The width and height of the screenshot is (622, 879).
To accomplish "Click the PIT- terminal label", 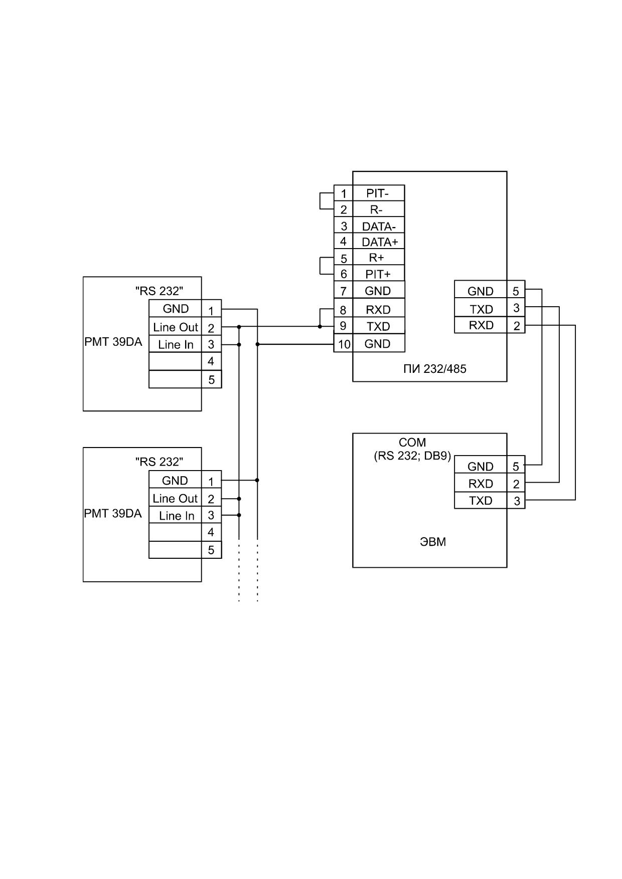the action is click(x=377, y=193).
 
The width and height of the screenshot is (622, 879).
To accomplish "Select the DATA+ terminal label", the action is click(x=380, y=242).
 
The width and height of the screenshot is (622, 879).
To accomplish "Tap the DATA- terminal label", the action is click(x=379, y=227).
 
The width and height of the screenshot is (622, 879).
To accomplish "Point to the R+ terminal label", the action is click(x=376, y=258).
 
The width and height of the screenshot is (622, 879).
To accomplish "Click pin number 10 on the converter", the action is click(x=344, y=344).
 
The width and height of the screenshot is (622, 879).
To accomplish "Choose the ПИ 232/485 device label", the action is click(x=435, y=369).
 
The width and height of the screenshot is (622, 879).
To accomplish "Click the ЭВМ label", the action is click(x=432, y=542).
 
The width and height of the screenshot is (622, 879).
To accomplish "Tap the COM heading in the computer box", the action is click(x=412, y=443).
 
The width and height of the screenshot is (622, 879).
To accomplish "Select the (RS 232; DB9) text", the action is click(x=412, y=457).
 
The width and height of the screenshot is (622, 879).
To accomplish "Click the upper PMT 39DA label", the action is click(x=113, y=343).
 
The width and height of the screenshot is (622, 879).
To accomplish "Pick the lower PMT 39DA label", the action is click(x=113, y=514).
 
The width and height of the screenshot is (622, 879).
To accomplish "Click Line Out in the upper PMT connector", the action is click(x=176, y=327).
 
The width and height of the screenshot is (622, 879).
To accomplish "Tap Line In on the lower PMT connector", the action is click(x=177, y=516).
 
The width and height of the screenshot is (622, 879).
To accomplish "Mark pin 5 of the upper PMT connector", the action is click(x=211, y=380).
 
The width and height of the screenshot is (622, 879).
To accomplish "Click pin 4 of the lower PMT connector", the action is click(x=211, y=532).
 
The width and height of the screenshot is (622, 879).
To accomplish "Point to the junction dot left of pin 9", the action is click(x=320, y=327).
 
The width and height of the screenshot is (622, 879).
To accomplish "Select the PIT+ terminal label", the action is click(x=378, y=274).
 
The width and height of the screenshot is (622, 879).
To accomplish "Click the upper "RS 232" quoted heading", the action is click(x=159, y=291).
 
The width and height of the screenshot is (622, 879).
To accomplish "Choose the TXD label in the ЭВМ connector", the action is click(x=481, y=501).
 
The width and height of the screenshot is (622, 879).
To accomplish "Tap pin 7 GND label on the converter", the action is click(x=378, y=291).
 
